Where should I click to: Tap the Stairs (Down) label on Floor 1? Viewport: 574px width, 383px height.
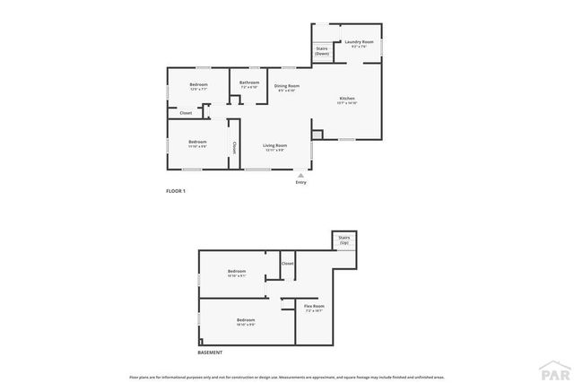point(321,52)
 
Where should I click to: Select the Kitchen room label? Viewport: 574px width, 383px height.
point(347,100)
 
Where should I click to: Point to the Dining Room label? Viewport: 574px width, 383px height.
point(286,87)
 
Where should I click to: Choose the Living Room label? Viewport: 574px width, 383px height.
point(274,147)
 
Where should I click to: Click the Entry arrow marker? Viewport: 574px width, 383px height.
point(300,175)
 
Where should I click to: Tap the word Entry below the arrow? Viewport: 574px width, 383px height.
point(300,182)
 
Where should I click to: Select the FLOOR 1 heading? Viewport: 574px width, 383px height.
point(176,191)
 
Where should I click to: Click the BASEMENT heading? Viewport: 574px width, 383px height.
point(210,352)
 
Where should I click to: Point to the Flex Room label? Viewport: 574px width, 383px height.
point(314,309)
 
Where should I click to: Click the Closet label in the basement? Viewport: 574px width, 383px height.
point(288,264)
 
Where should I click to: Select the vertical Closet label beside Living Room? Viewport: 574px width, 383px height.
point(234,147)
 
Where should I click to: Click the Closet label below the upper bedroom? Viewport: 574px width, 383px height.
point(186,113)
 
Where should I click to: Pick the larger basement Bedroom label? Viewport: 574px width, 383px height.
point(246,322)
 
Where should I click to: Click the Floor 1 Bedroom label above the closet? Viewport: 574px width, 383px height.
point(198,86)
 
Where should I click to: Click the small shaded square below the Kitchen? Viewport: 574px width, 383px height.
point(316,135)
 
